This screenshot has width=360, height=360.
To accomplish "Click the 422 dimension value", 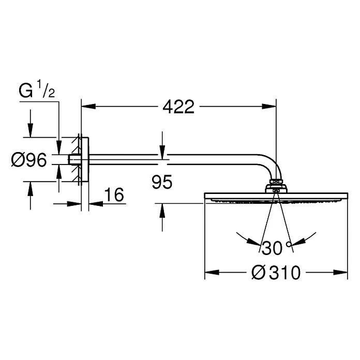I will pos(178,107).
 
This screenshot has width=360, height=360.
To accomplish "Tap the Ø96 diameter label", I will pos(29,160).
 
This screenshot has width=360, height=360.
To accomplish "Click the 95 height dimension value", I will pos(162,182).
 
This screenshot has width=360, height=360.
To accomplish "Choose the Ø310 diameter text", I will pos(275,272).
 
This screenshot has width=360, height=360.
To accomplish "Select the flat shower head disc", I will pos(276,197).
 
